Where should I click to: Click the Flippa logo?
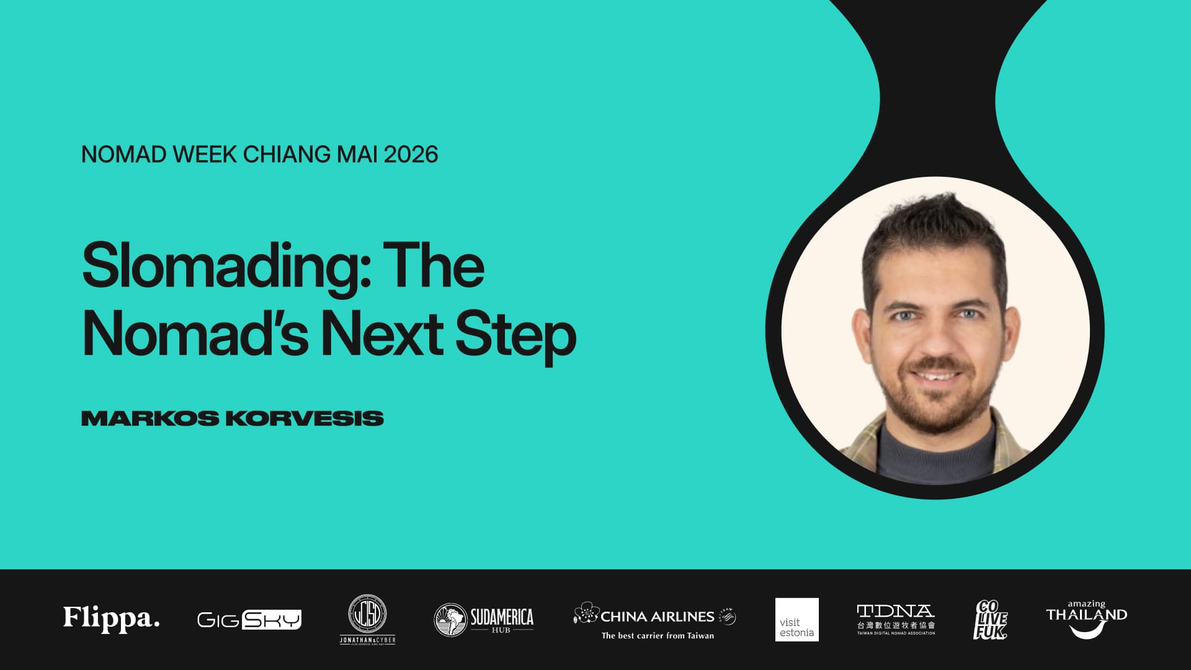tap(112, 619)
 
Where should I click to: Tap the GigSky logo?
tap(249, 619)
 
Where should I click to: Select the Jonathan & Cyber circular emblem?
tap(367, 614)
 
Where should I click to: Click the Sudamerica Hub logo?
tap(483, 619)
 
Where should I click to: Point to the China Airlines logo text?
tap(657, 617)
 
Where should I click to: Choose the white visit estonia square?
tap(796, 619)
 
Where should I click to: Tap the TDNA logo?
tap(895, 619)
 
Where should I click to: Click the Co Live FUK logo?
tap(990, 619)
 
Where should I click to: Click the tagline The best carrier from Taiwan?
tap(658, 635)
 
